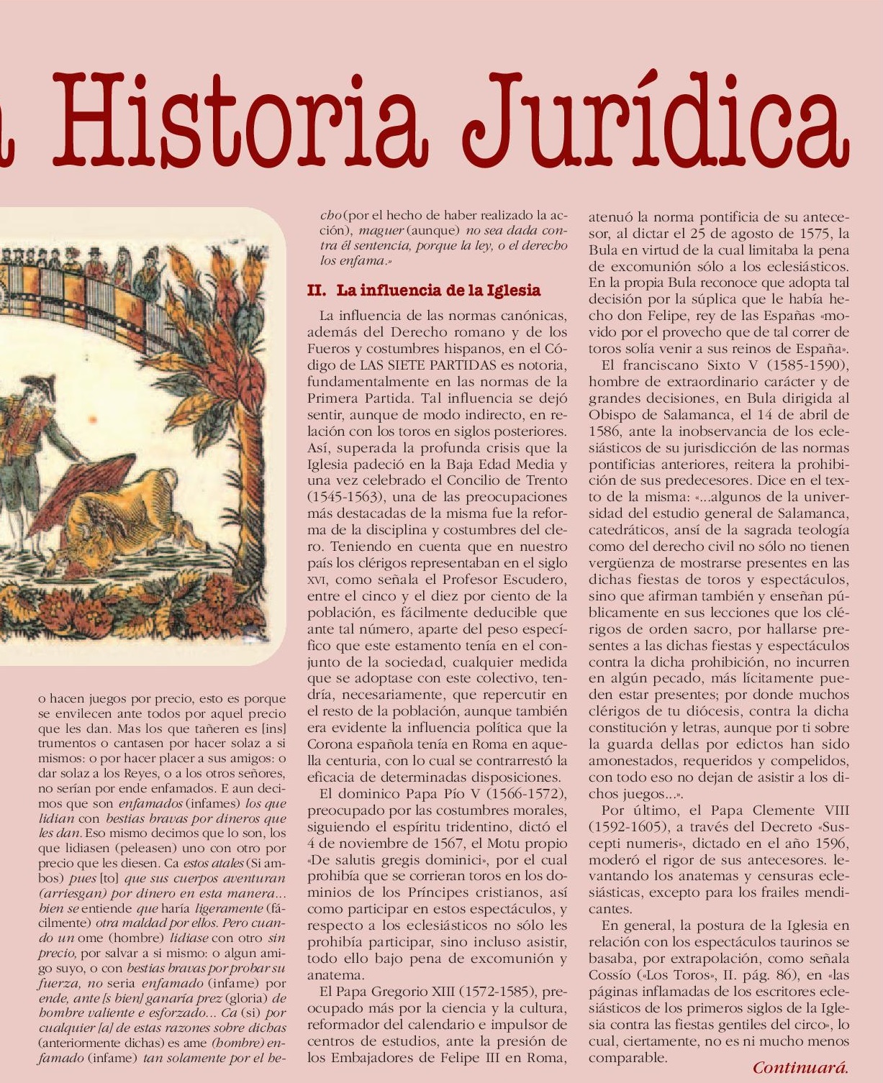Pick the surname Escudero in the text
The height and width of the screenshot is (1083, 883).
[x=533, y=580]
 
